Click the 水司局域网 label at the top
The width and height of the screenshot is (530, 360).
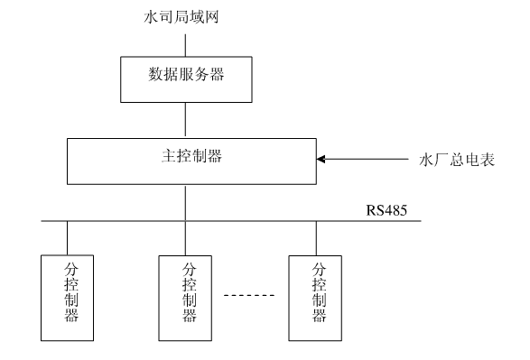(x=186, y=16)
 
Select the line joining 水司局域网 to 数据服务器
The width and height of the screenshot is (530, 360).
(x=186, y=43)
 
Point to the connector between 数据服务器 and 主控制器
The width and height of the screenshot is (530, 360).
(x=186, y=119)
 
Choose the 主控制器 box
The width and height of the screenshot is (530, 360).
(x=186, y=159)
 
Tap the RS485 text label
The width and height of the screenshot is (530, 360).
(x=386, y=212)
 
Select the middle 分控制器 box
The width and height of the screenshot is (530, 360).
(x=186, y=295)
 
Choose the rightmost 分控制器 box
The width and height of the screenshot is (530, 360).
(x=317, y=295)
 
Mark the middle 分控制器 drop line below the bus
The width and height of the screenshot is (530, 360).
(x=186, y=237)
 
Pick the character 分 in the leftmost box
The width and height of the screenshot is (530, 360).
(x=70, y=269)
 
